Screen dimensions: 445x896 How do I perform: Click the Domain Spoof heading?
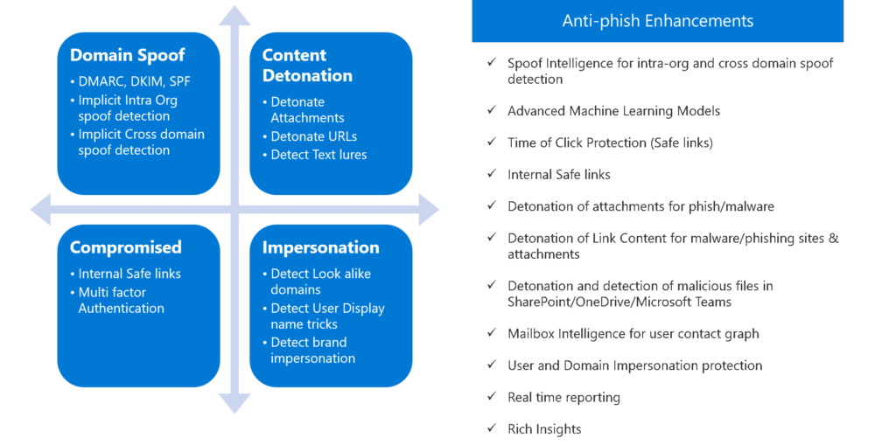click(127, 55)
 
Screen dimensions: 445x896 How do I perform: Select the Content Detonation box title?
click(306, 66)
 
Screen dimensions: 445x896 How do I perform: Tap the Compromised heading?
click(125, 247)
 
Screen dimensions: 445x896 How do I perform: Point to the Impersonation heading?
click(320, 247)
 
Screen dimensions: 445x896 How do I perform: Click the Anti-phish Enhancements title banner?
click(657, 21)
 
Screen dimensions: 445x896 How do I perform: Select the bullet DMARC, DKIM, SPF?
click(134, 81)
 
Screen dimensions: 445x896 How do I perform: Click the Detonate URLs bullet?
click(313, 136)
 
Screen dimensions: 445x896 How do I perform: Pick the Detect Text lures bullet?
click(318, 155)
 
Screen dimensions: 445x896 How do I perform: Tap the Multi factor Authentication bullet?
click(121, 300)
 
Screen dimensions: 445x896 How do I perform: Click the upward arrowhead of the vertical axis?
click(234, 16)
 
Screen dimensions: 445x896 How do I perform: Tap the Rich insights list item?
click(544, 428)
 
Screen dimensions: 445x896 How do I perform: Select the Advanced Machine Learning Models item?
click(613, 111)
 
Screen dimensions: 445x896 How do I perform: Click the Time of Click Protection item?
click(610, 143)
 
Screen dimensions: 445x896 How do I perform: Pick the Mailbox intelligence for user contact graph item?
click(633, 334)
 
